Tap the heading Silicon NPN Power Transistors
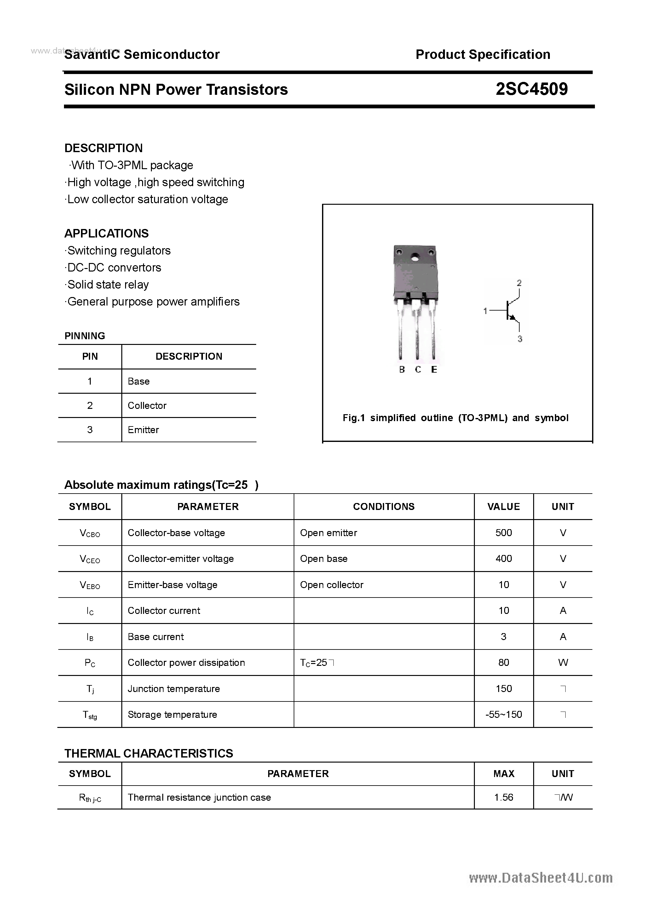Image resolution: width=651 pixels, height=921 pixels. click(x=176, y=89)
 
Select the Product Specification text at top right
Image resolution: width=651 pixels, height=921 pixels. click(x=482, y=54)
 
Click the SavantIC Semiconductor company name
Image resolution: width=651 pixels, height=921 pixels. click(x=142, y=54)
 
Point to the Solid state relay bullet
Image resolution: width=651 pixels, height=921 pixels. click(x=107, y=284)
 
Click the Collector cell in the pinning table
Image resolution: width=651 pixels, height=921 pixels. click(x=147, y=406)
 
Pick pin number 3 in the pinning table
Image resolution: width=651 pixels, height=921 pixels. click(x=89, y=430)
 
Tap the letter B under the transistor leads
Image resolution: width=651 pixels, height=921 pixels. click(x=402, y=369)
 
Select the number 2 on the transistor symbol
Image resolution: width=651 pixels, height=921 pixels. click(x=519, y=283)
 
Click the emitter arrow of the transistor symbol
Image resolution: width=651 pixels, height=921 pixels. click(x=512, y=318)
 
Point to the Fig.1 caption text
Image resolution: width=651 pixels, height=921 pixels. click(x=455, y=418)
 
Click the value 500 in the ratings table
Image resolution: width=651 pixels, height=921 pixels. click(x=503, y=533)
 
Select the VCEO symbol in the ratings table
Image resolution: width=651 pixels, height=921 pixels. click(x=90, y=559)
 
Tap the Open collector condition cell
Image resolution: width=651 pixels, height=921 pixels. click(x=331, y=585)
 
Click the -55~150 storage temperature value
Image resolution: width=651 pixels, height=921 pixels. click(x=503, y=714)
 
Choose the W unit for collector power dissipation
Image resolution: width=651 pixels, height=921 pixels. click(x=563, y=663)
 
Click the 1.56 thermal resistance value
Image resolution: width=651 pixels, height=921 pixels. click(x=503, y=797)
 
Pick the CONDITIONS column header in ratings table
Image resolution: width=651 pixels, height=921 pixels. click(x=383, y=506)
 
